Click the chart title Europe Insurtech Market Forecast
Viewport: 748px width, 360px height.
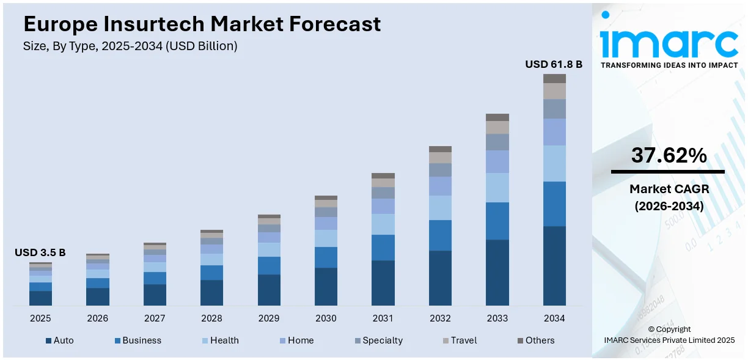202,24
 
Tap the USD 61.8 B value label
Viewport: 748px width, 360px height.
554,64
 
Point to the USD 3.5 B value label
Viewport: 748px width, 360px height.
40,252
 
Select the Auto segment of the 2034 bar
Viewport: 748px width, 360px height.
554,265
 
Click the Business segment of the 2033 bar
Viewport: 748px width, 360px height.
497,221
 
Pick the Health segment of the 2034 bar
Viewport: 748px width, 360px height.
554,163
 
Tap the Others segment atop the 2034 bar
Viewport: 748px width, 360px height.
554,78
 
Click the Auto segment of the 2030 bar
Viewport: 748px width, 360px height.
326,286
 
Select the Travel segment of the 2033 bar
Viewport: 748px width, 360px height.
497,127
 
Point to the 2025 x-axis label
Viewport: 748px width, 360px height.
40,318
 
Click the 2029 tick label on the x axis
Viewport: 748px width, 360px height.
269,318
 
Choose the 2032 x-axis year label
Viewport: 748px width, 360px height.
440,318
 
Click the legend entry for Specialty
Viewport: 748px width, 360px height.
382,340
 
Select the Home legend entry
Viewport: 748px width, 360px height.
299,340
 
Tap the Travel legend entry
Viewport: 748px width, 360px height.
463,340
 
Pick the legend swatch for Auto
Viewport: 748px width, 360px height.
48,340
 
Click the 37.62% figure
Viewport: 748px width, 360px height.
669,156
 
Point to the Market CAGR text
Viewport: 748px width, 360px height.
669,189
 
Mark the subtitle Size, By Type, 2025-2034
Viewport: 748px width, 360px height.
130,46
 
